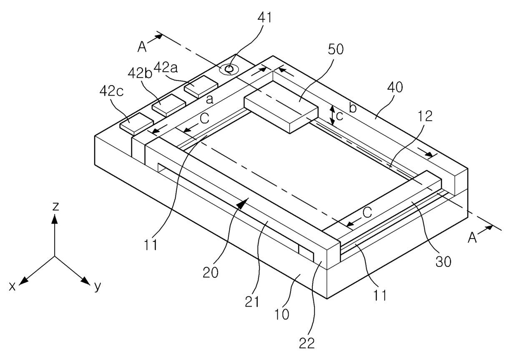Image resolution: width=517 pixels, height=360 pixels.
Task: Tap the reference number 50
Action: [336, 50]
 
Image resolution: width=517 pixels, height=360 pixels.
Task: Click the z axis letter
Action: [55, 206]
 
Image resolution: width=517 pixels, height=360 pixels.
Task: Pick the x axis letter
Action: [12, 286]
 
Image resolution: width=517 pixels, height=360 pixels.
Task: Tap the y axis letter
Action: [98, 286]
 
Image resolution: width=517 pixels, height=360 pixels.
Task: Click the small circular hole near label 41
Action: [228, 69]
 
